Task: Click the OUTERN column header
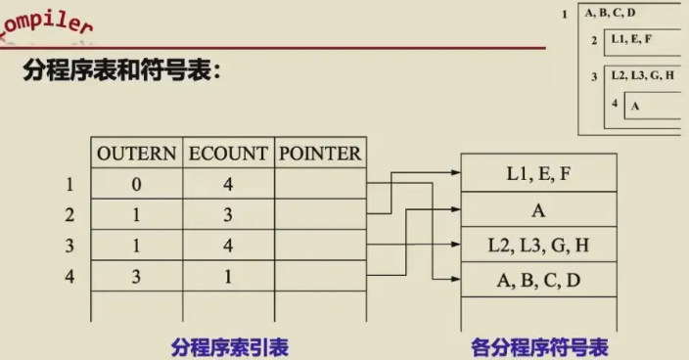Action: [137, 154]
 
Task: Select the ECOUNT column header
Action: [228, 154]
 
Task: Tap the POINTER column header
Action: [320, 154]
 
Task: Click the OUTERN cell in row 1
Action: [137, 184]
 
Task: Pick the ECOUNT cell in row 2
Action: [228, 214]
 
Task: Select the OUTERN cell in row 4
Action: [137, 276]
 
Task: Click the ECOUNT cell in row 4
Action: [228, 276]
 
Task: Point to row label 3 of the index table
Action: [69, 246]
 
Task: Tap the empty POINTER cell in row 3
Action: [320, 245]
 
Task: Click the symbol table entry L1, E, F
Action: [538, 173]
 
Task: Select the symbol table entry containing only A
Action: [538, 210]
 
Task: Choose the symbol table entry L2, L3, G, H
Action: [538, 245]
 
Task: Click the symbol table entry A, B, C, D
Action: [538, 280]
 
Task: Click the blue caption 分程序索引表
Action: [230, 347]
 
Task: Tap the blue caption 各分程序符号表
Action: [539, 347]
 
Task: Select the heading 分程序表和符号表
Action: [122, 70]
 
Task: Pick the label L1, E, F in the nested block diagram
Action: [631, 39]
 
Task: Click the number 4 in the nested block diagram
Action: [615, 103]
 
